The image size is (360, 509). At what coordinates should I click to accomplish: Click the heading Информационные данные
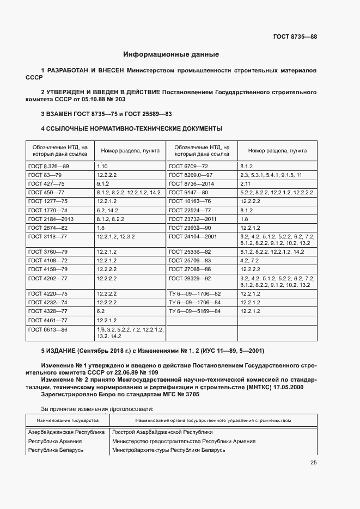(x=171, y=54)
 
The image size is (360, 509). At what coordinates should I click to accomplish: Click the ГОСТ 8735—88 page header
(x=295, y=36)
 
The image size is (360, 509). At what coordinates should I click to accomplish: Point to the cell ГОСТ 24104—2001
(x=193, y=236)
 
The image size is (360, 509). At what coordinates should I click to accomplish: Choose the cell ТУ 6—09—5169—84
(x=194, y=311)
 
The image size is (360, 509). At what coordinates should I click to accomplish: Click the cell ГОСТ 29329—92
(x=190, y=278)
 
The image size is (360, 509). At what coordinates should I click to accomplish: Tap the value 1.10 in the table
(x=103, y=165)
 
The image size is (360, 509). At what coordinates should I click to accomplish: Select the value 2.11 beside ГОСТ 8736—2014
(x=245, y=183)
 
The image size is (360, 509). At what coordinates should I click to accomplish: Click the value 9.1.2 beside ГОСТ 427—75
(x=103, y=183)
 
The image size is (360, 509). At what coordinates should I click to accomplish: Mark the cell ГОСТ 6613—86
(x=48, y=330)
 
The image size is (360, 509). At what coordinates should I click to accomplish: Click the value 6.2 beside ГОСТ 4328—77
(x=101, y=311)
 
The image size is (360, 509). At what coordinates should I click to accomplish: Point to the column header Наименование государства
(x=68, y=420)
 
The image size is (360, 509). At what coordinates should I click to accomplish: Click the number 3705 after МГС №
(x=191, y=395)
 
